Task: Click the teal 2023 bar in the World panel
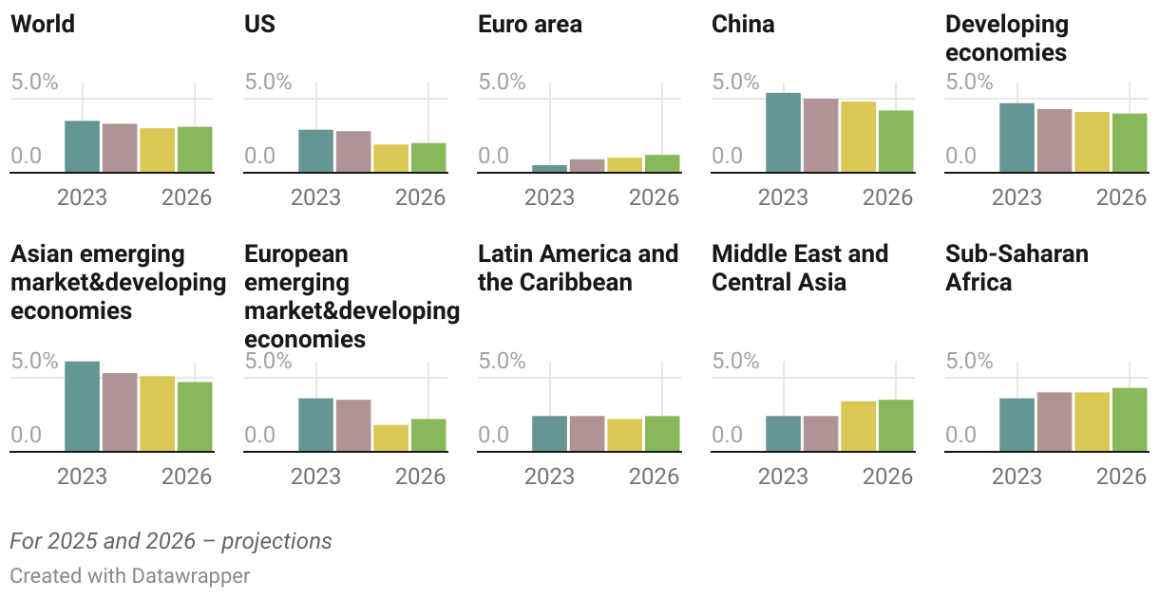82,147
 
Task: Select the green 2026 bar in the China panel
896,141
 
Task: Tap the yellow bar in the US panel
390,159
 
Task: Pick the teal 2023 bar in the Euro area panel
549,168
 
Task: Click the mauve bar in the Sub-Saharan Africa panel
1054,421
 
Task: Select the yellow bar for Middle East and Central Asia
858,426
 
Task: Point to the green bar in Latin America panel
662,433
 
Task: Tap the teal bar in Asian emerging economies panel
82,406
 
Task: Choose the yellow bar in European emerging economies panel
390,438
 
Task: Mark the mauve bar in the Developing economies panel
1054,140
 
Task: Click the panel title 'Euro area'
529,24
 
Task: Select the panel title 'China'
743,24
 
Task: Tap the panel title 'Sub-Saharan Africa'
1016,268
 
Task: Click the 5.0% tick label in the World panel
34,82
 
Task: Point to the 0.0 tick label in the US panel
262,156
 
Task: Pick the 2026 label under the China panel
887,196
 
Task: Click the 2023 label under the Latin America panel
549,476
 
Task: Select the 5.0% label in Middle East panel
735,361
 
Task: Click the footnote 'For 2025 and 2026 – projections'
171,541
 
